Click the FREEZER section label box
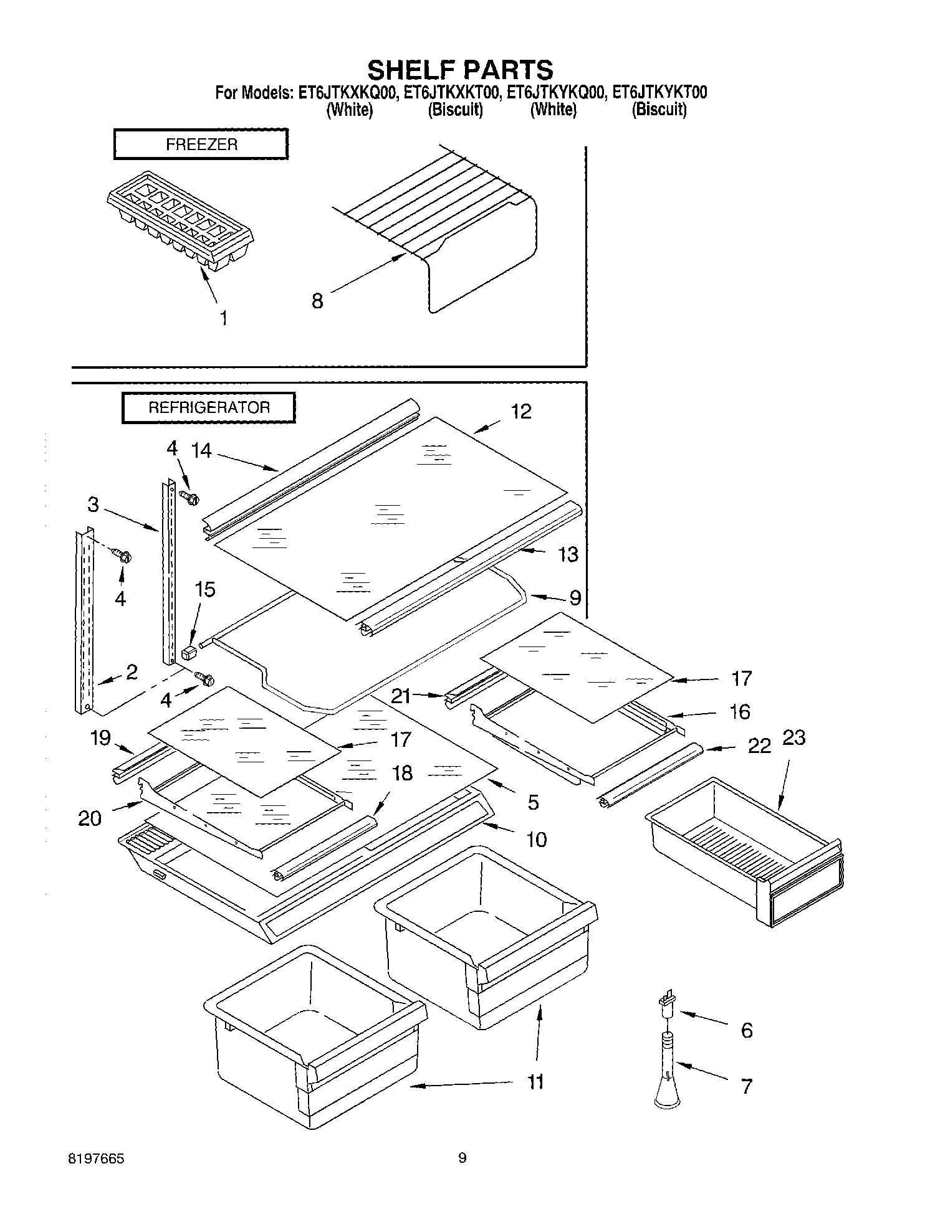[201, 144]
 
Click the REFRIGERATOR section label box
[208, 408]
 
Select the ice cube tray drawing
[181, 222]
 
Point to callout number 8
[317, 301]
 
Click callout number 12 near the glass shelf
[521, 412]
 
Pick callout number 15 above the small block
[205, 589]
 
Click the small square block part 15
[189, 653]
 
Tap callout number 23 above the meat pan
[793, 737]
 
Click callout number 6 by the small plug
[747, 1030]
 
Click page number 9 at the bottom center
[462, 1158]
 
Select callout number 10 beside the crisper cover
[536, 839]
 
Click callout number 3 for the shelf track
[93, 504]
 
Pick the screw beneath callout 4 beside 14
[188, 496]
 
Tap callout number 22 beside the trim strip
[759, 746]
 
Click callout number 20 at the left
[90, 818]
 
